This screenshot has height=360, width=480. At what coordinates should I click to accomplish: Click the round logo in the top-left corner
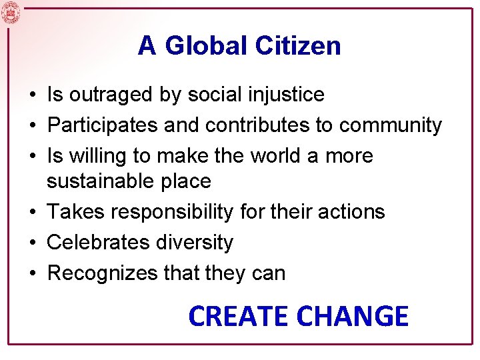click(11, 12)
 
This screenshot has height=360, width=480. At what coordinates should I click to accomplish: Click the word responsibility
click(173, 212)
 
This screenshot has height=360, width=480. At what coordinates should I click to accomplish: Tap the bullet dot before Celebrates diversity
click(32, 243)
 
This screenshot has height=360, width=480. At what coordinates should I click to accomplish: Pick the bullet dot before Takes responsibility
click(32, 212)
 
